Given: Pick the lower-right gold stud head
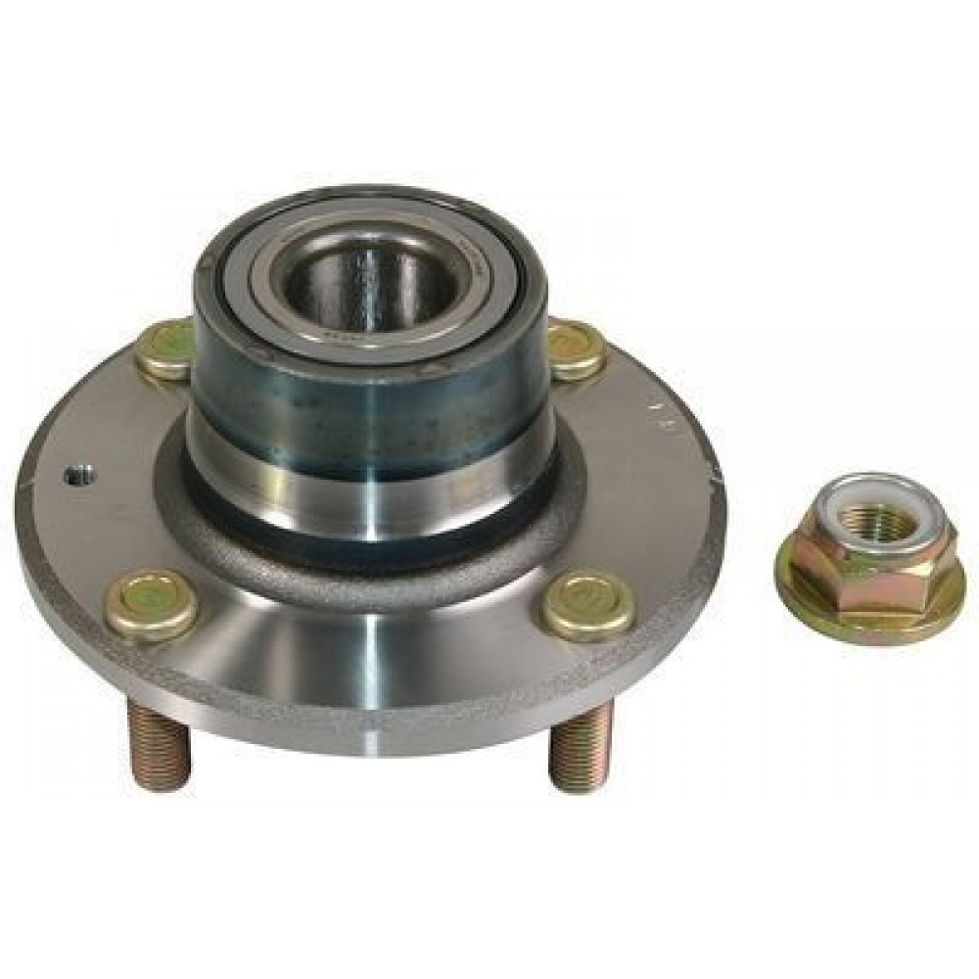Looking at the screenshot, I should click(x=586, y=604).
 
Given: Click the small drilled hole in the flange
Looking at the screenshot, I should click(x=79, y=477).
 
